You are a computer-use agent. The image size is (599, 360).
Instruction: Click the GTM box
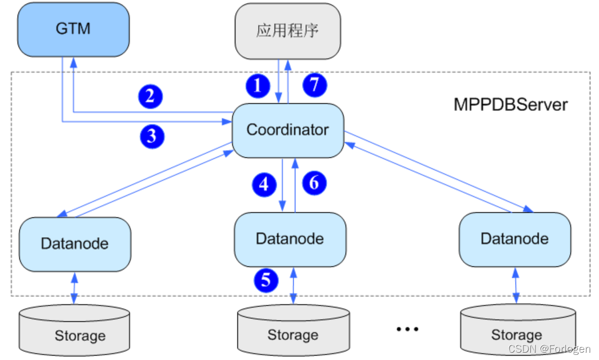click(73, 29)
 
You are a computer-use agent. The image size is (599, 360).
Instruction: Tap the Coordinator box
click(288, 130)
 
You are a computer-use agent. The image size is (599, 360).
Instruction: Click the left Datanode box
click(74, 243)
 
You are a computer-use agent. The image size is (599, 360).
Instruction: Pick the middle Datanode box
click(290, 239)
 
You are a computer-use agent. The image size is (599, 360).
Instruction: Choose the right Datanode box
click(514, 239)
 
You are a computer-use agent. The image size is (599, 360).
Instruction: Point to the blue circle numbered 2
click(150, 96)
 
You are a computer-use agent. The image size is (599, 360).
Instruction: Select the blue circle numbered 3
click(151, 135)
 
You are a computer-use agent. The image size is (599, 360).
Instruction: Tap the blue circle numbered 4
click(264, 184)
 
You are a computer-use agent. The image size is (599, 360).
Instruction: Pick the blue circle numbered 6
click(314, 183)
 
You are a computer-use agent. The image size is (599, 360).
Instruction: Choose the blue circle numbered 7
click(314, 85)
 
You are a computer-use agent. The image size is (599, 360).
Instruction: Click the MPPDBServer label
click(511, 105)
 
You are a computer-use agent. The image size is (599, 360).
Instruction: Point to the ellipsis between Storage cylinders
click(407, 328)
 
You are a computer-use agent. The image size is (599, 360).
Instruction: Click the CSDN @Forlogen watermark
click(549, 349)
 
